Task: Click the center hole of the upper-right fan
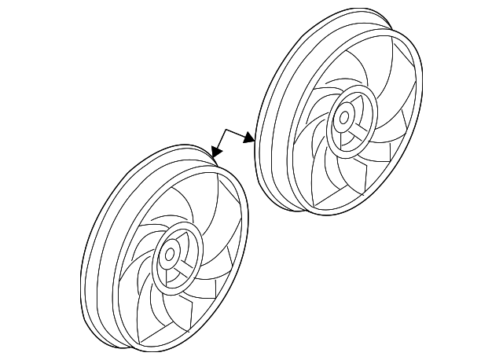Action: pos(343,119)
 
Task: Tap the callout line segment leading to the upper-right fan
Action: pos(237,135)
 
